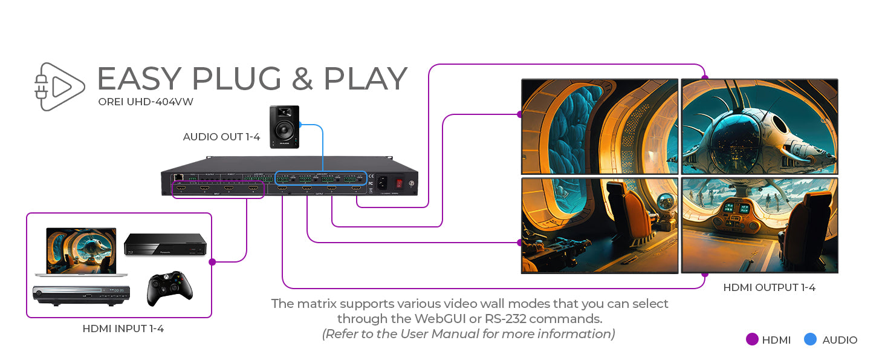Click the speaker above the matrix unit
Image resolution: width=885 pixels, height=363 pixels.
(x=284, y=126)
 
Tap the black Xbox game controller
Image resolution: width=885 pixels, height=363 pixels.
(x=169, y=288)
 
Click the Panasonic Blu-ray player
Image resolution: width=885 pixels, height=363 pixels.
(x=165, y=244)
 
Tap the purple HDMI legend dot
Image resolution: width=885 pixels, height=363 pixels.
(x=752, y=339)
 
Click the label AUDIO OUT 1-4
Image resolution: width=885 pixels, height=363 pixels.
(x=221, y=137)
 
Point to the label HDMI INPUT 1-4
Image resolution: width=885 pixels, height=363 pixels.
(x=123, y=329)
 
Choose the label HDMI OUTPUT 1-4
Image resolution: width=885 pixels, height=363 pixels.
(x=769, y=287)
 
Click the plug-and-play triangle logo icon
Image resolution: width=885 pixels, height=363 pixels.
(x=59, y=87)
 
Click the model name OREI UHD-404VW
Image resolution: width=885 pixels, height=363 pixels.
(x=146, y=102)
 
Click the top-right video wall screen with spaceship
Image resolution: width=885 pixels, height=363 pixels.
(x=759, y=126)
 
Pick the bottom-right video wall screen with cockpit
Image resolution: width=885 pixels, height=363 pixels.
(x=759, y=225)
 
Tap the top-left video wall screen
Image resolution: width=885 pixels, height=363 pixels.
(x=600, y=126)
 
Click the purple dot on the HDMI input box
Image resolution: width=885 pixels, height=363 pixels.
(x=212, y=262)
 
